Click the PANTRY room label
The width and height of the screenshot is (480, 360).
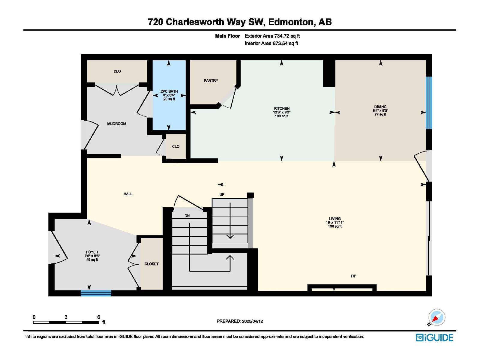pos(211,80)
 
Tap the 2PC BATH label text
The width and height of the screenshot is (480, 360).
pos(169,91)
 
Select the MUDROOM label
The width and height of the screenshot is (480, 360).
pos(117,124)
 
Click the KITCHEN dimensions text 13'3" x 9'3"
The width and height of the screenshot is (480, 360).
pos(281,112)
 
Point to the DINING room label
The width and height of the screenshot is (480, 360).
pos(380,106)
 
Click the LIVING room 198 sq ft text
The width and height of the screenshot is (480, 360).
pos(335,226)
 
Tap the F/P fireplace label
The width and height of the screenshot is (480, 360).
pos(353,276)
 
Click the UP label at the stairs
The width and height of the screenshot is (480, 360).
pos(222,194)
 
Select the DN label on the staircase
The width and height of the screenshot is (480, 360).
pos(187,216)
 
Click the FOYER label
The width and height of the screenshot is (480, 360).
pos(92,252)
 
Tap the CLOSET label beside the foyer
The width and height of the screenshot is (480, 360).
pos(151,264)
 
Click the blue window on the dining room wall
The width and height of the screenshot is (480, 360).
pos(429,103)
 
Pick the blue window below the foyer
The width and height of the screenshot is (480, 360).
pos(96,293)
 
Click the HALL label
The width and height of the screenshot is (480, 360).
pos(128,194)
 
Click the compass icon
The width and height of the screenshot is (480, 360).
pos(436,317)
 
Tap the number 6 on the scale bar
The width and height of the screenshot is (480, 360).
pos(99,317)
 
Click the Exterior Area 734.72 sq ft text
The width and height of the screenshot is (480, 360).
pos(272,36)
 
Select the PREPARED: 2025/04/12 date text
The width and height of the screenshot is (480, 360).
pos(240,321)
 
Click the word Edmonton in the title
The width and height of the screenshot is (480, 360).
pos(290,22)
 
